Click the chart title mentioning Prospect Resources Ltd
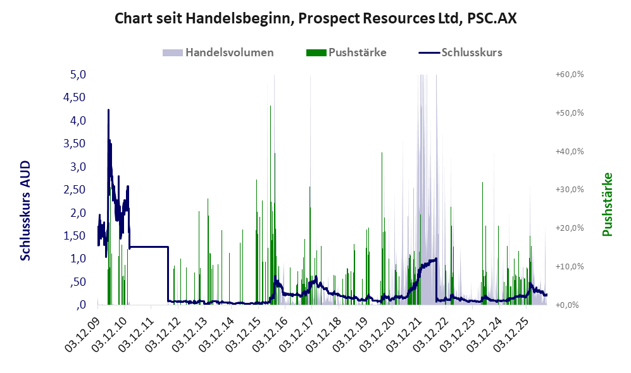coord(315,18)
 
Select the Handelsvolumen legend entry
coord(218,52)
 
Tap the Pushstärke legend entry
coord(346,52)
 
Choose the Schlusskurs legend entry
coord(460,52)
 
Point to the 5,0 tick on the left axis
coord(78,75)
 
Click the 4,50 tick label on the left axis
coord(75,97)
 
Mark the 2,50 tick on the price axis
coord(75,189)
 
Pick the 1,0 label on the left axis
coord(78,259)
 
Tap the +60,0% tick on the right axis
coord(570,75)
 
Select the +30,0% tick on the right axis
coord(570,189)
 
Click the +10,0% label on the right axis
coord(570,266)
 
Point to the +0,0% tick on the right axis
coord(568,305)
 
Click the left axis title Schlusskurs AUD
coord(25,211)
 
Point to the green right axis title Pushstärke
coord(607,205)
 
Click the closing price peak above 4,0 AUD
coord(108,110)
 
